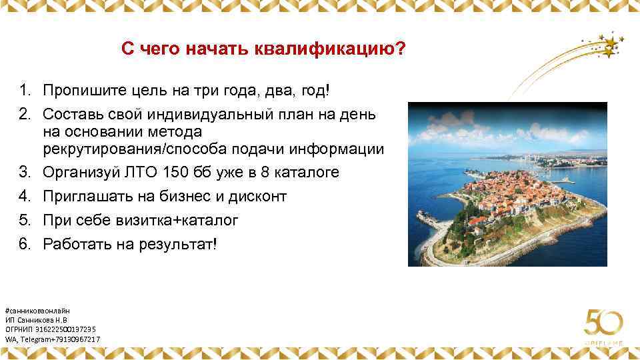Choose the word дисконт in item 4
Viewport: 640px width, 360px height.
point(258,197)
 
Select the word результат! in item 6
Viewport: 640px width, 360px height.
point(179,244)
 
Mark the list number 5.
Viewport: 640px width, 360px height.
point(25,220)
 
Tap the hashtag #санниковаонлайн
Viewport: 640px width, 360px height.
point(37,311)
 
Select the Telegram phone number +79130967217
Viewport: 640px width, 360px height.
point(76,339)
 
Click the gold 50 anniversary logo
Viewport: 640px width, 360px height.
point(603,325)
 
